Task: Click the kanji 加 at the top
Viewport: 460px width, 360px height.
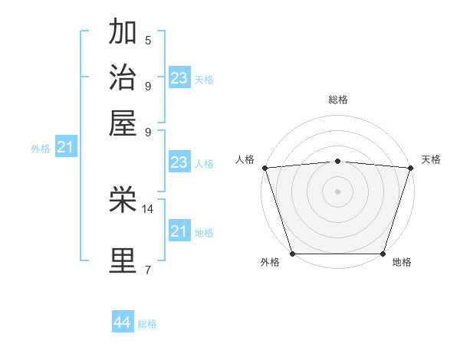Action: coord(123,33)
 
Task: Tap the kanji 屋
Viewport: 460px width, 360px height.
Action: coord(123,122)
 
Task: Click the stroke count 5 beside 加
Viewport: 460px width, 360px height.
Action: coord(148,41)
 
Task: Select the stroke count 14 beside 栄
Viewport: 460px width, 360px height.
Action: coord(148,208)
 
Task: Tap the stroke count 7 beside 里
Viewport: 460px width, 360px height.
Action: coord(148,269)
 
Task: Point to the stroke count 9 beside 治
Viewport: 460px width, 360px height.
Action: coord(148,85)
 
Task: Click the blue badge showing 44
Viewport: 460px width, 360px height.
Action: coord(122,322)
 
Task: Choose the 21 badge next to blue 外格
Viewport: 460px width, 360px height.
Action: coord(65,147)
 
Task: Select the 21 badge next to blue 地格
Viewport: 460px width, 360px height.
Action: coord(179,231)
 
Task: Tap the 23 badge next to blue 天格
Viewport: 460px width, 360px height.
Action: coord(179,77)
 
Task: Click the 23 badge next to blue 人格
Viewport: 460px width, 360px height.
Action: coord(179,162)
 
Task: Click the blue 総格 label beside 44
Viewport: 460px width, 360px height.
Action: coord(147,324)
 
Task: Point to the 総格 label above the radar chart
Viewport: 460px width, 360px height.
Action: coord(338,100)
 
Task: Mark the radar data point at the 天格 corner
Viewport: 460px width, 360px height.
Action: coord(410,168)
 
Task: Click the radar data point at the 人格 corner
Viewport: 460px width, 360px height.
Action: coord(264,168)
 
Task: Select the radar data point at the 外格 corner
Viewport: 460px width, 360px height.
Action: coord(292,254)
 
